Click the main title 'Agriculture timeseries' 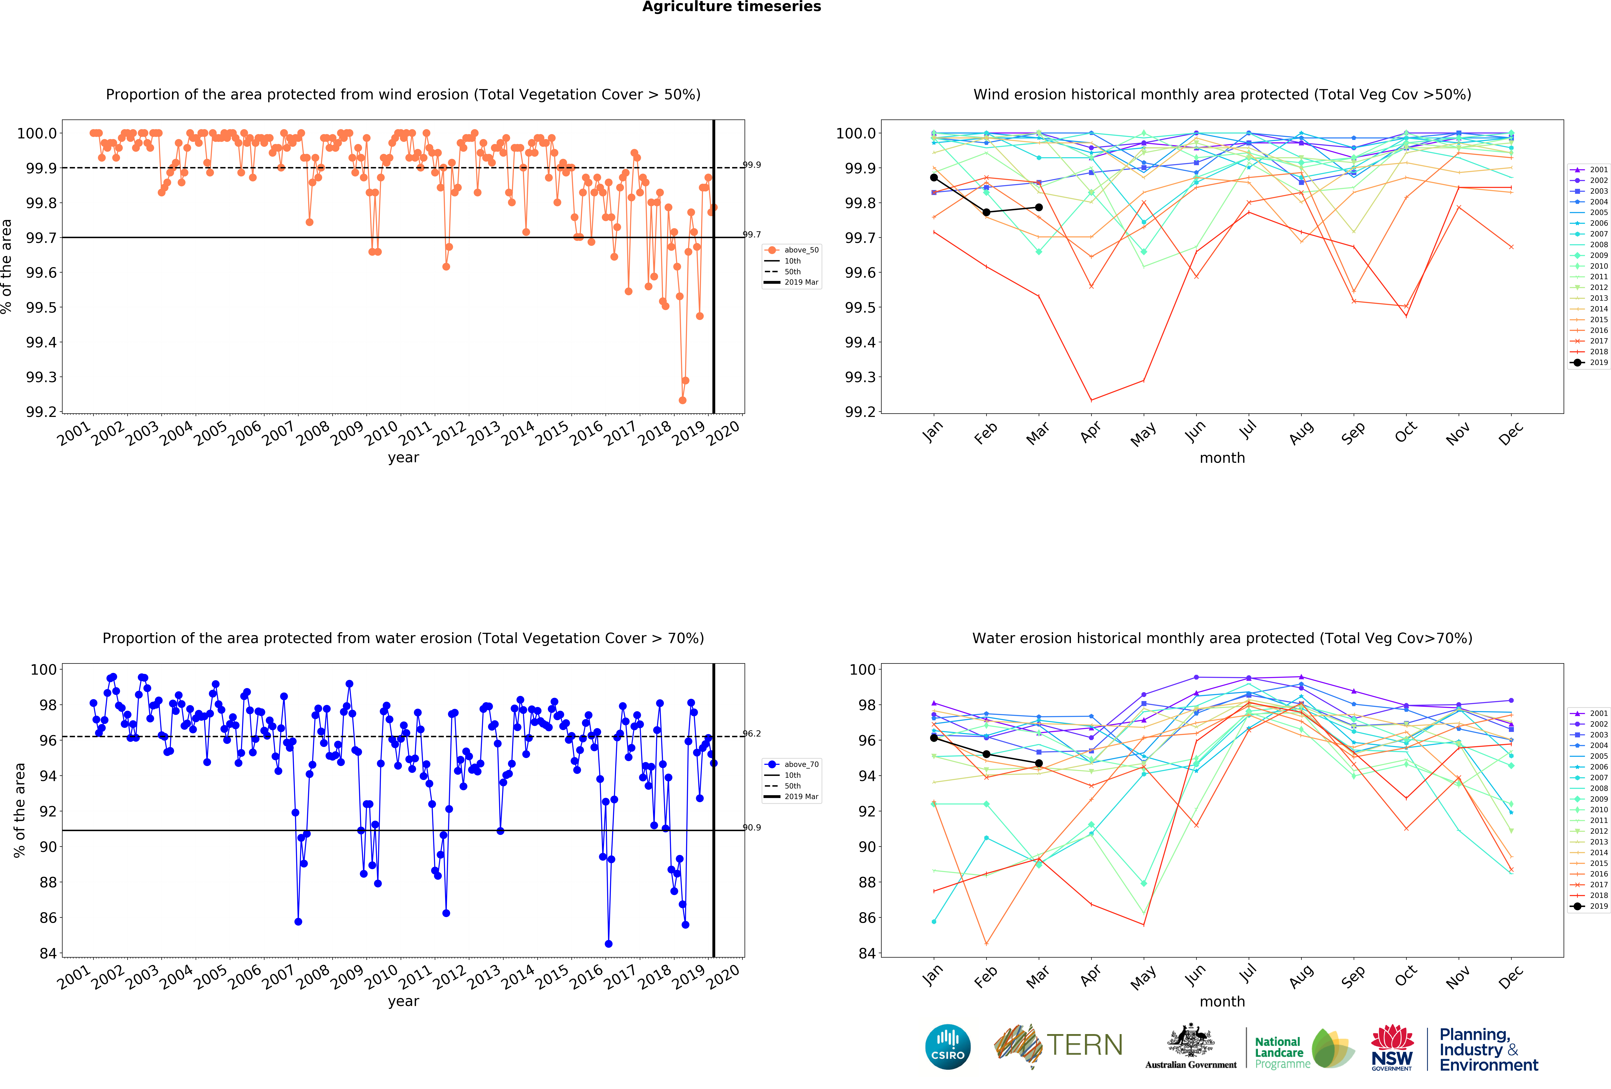coord(731,7)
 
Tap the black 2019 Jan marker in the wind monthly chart coord(934,177)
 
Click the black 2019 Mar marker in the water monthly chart coord(1038,763)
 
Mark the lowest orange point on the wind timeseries coord(682,400)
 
